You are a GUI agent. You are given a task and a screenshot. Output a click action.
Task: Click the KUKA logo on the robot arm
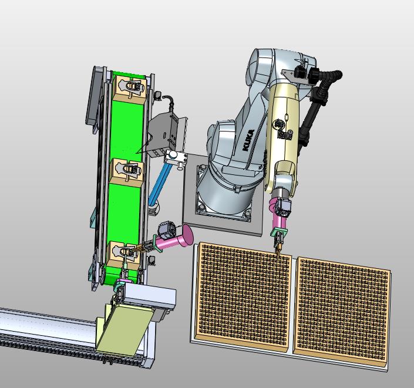[248, 140]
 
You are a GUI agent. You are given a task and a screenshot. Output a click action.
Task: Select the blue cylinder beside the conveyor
[159, 184]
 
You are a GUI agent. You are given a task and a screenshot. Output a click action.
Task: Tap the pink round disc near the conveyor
[186, 235]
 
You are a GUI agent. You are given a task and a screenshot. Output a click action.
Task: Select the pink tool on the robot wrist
[278, 214]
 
